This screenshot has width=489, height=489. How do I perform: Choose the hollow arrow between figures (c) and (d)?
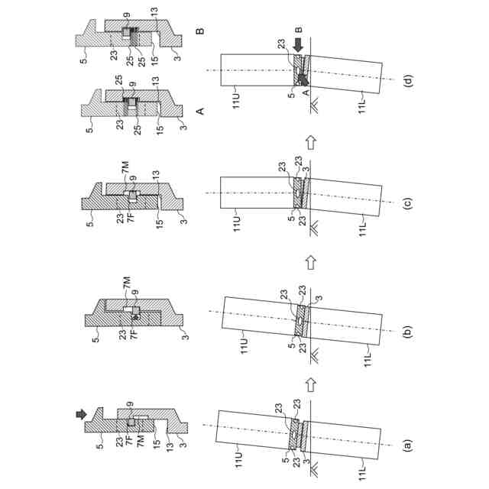[311, 141]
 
